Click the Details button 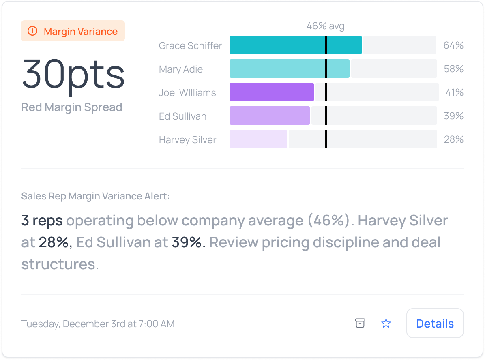click(x=435, y=323)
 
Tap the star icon click(x=386, y=323)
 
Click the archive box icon click(x=360, y=323)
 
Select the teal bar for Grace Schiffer click(x=295, y=45)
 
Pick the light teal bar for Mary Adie click(x=289, y=69)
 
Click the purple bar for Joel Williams click(x=271, y=92)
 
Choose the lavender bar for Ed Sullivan click(x=269, y=116)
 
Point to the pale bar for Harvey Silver click(x=258, y=139)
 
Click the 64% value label click(x=453, y=45)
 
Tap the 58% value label click(x=453, y=69)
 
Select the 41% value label click(x=454, y=92)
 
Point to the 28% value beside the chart click(x=453, y=139)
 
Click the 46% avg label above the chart click(x=325, y=26)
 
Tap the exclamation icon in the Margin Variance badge click(x=32, y=31)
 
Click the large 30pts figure click(x=73, y=74)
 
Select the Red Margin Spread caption click(x=72, y=107)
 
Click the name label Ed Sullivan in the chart click(x=182, y=116)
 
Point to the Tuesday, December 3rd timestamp click(x=98, y=324)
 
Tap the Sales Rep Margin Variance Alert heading click(x=95, y=196)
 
